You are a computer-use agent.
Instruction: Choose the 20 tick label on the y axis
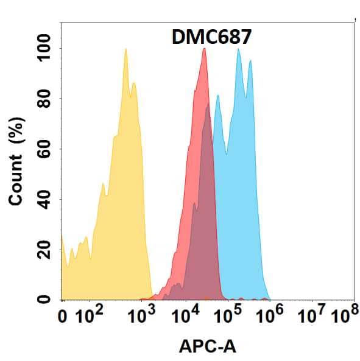click(46, 250)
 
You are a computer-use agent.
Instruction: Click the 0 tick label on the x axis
click(62, 317)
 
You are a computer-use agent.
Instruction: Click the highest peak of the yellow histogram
click(125, 49)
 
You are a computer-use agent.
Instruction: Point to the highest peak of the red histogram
click(204, 49)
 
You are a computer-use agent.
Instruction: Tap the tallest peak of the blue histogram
click(238, 49)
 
